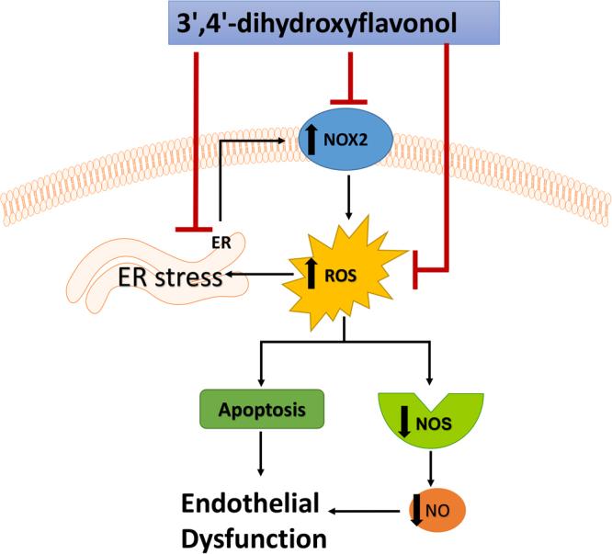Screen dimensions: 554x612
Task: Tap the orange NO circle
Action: [436, 506]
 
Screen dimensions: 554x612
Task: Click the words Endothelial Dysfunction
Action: [249, 519]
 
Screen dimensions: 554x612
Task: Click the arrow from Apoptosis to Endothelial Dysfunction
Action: [260, 453]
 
